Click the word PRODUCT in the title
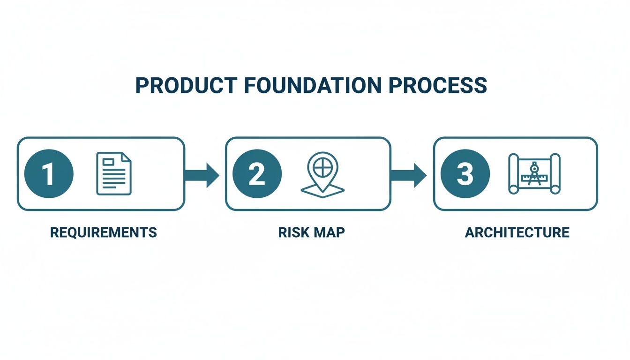click(186, 86)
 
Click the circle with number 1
click(48, 174)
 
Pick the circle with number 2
click(257, 174)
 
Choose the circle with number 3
click(465, 174)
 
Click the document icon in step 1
click(114, 173)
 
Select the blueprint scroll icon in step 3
click(534, 173)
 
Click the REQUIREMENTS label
click(103, 232)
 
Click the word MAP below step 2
click(330, 232)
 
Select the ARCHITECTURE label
click(517, 232)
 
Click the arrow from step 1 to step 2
click(202, 175)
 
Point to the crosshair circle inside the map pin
click(322, 167)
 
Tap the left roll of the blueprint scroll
click(514, 173)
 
